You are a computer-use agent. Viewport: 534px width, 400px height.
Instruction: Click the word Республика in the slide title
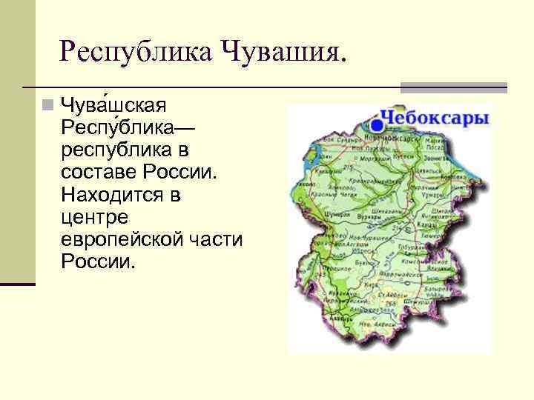[x=133, y=52]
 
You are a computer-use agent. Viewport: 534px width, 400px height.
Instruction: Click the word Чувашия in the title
[x=283, y=52]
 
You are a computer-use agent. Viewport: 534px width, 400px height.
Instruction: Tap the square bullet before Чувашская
[x=48, y=104]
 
